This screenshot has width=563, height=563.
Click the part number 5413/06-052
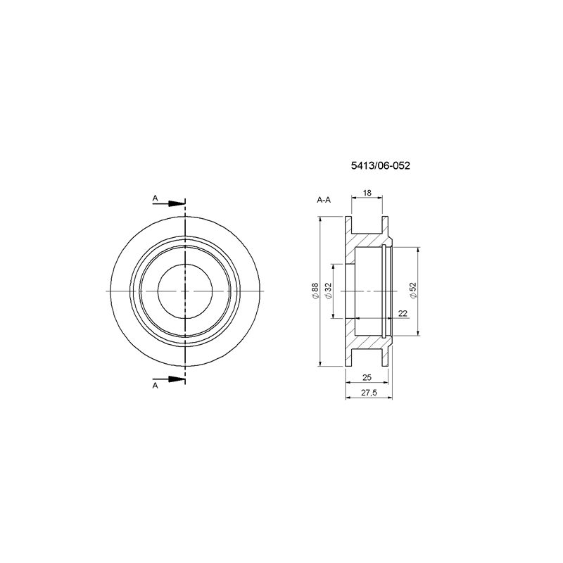[380, 165]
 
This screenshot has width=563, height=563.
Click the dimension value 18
[367, 193]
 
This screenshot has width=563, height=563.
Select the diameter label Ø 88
[315, 291]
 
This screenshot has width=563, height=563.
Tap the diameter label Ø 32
[328, 291]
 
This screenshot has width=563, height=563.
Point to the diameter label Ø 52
[413, 290]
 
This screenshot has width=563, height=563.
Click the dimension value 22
[403, 313]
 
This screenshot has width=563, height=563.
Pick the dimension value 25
[367, 377]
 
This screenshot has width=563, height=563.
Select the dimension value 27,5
[369, 393]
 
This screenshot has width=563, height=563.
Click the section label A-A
[324, 200]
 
